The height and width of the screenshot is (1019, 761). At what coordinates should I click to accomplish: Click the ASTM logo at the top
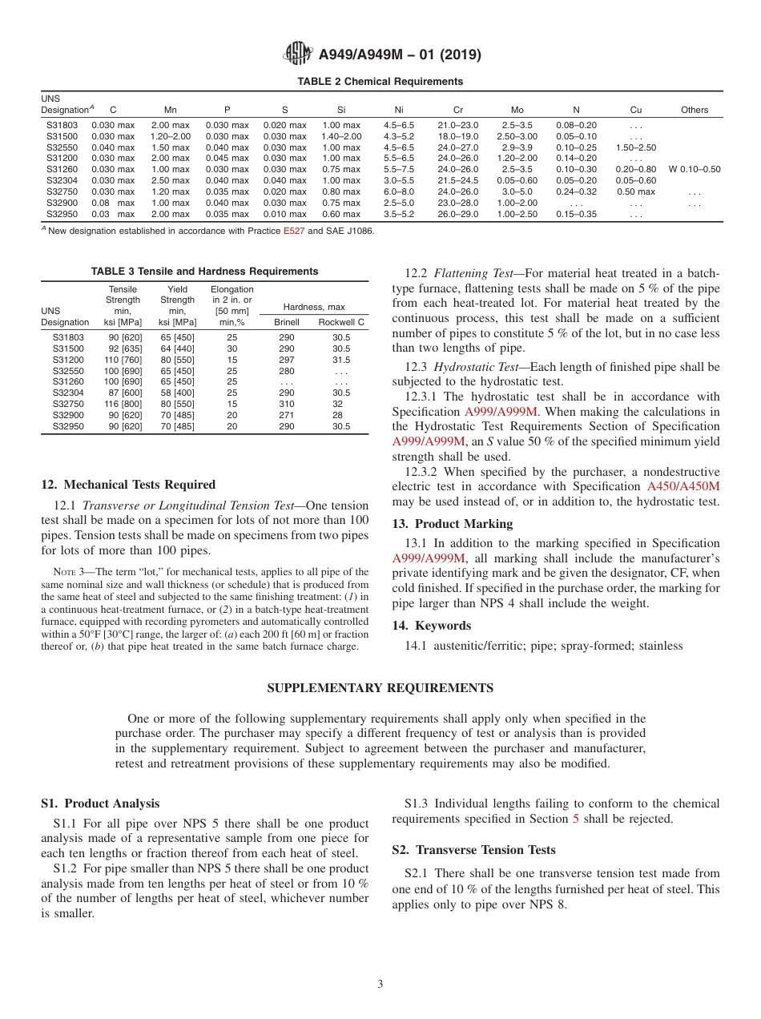pos(298,54)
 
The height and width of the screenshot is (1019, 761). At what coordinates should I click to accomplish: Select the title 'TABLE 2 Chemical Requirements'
pos(380,82)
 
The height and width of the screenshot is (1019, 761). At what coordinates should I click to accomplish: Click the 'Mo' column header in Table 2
pos(517,110)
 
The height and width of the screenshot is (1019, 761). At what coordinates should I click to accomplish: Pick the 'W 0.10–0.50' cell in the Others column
pos(694,170)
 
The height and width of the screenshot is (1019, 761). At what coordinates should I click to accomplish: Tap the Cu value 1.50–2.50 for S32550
pos(636,147)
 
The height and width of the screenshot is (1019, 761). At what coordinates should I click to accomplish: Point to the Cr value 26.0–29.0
pos(458,215)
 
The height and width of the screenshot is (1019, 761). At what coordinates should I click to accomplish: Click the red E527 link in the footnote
pos(294,231)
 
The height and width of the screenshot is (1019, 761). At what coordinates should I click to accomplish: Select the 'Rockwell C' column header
pos(341,322)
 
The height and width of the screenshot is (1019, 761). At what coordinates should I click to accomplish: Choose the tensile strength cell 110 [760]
pos(123,360)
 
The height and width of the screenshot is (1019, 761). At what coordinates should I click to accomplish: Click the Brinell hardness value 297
pos(287,360)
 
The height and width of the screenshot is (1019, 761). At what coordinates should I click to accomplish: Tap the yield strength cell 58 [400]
pos(178,393)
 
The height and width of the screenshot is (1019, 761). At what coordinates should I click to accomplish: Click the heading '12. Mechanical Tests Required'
pos(128,485)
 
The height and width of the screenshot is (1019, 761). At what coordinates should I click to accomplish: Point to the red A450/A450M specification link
pos(682,486)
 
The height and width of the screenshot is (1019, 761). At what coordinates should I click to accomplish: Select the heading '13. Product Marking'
pos(452,524)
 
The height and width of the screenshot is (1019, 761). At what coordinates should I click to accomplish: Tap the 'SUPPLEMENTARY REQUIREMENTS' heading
pos(380,688)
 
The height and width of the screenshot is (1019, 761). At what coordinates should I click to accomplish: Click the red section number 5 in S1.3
pos(575,819)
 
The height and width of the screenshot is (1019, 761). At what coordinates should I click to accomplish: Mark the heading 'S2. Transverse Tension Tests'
pos(473,850)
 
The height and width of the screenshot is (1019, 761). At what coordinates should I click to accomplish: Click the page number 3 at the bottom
pos(380,985)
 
